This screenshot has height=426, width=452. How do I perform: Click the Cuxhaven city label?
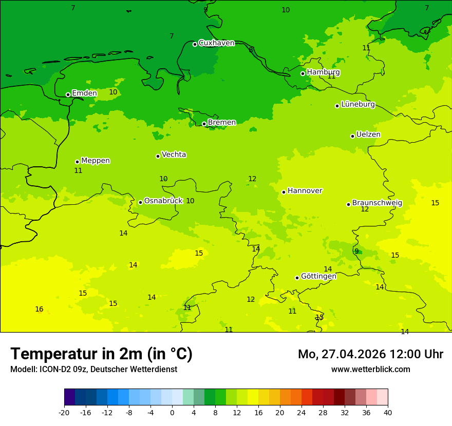[x=216, y=43]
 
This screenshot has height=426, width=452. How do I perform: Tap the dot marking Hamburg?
[x=303, y=73]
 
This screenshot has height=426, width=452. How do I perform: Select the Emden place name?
[x=84, y=93]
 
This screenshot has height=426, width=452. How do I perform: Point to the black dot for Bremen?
[x=204, y=124]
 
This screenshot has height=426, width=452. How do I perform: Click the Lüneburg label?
[x=358, y=105]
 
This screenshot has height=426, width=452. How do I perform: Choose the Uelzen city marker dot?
[x=352, y=136]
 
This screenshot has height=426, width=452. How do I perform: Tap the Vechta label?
[x=174, y=154]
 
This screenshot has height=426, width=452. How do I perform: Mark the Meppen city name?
[x=96, y=161]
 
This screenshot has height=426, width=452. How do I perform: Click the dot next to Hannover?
[x=284, y=192]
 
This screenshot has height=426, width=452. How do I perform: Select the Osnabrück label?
[x=163, y=201]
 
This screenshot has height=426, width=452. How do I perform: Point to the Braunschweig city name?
[x=377, y=203]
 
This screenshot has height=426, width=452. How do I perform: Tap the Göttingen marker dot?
[x=297, y=278]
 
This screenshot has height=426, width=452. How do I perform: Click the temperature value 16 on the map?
[x=39, y=309]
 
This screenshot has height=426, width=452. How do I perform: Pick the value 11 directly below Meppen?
[x=78, y=170]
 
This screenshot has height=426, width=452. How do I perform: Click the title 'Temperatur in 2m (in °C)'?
[x=101, y=354]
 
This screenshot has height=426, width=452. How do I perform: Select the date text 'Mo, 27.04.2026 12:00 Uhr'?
[x=370, y=354]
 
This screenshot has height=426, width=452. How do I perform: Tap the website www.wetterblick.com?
[x=370, y=369]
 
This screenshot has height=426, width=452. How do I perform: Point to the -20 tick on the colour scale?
[x=64, y=412]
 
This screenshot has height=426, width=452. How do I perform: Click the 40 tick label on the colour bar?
[x=388, y=412]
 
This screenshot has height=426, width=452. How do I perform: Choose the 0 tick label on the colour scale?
[x=172, y=412]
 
